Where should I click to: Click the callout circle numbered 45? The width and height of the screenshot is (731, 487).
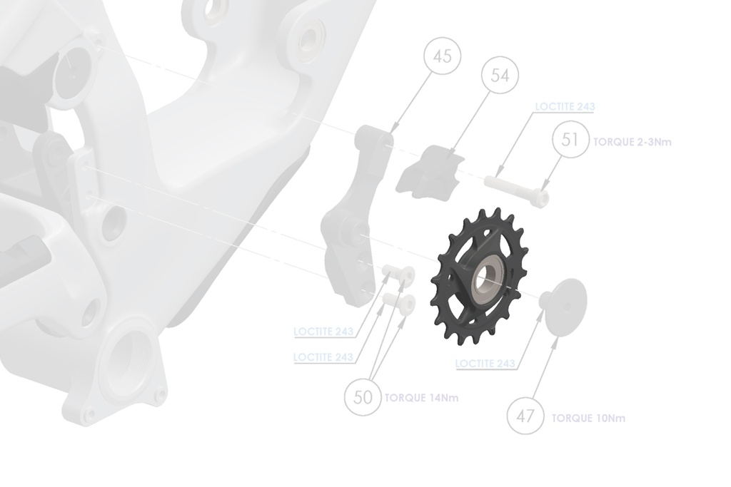(443, 56)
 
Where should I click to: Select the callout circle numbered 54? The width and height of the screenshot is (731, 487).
(500, 76)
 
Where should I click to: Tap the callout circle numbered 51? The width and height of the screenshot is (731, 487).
(570, 140)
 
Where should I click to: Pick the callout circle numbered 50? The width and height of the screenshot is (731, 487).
(363, 396)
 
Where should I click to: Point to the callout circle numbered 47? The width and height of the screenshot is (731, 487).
(525, 416)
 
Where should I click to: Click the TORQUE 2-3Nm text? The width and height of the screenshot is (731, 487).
(632, 142)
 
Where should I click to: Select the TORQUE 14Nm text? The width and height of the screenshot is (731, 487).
(421, 398)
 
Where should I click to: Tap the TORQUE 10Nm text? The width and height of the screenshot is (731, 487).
(588, 418)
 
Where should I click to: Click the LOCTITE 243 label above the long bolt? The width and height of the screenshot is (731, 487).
(565, 107)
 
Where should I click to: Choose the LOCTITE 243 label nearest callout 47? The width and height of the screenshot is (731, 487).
(485, 364)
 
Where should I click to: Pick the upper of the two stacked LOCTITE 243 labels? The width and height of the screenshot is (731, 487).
(323, 332)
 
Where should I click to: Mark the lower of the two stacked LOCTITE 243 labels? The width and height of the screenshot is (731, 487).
(323, 357)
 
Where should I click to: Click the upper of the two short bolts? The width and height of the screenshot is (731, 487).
(399, 275)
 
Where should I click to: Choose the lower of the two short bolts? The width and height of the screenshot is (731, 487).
(399, 303)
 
